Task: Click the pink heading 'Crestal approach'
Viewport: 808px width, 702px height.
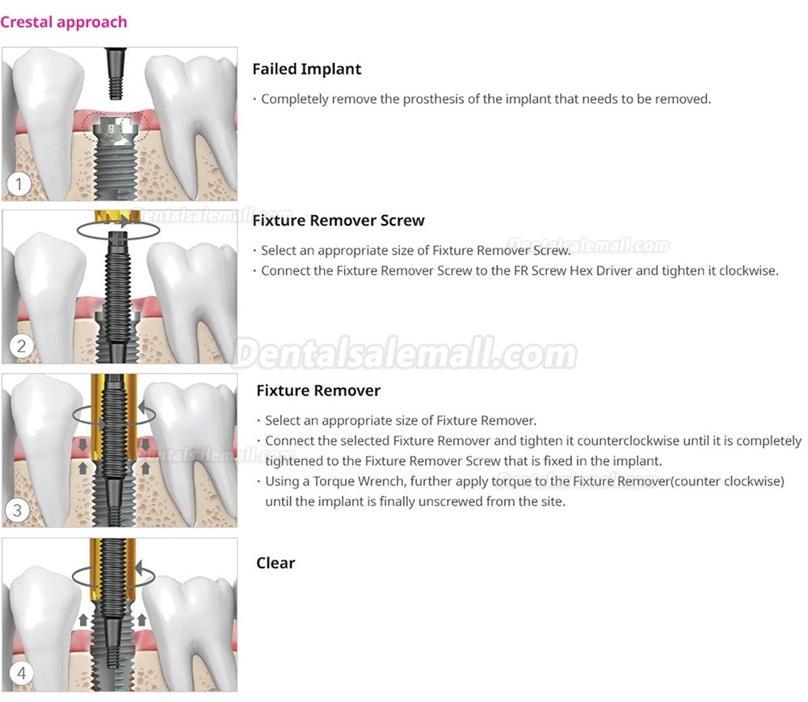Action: pyautogui.click(x=63, y=22)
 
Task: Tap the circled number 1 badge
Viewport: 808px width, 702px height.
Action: pyautogui.click(x=19, y=184)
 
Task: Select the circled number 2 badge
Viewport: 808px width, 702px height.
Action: pyautogui.click(x=21, y=345)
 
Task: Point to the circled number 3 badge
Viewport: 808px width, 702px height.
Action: pyautogui.click(x=18, y=510)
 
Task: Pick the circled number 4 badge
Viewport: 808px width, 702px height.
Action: pyautogui.click(x=21, y=673)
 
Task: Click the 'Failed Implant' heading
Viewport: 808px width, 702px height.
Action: pyautogui.click(x=306, y=69)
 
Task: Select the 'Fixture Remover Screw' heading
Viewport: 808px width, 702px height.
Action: pyautogui.click(x=339, y=221)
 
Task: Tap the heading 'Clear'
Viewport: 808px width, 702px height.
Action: pyautogui.click(x=276, y=563)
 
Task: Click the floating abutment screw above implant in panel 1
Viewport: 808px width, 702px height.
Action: pyautogui.click(x=116, y=74)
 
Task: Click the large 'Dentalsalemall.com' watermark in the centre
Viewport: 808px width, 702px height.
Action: pyautogui.click(x=405, y=353)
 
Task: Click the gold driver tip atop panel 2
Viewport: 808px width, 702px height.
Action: pyautogui.click(x=117, y=216)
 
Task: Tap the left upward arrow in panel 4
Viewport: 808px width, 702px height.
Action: pyautogui.click(x=83, y=620)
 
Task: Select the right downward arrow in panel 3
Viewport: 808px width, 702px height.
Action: pyautogui.click(x=145, y=444)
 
